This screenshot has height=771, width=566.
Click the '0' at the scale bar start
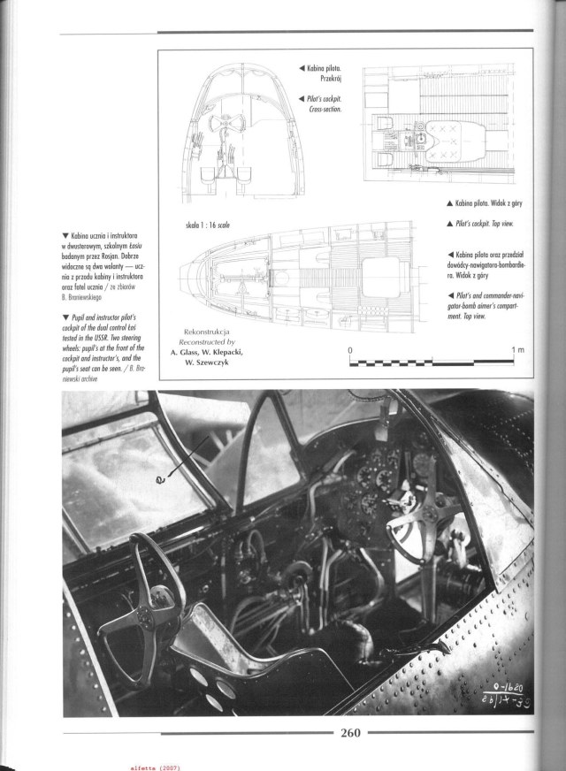coord(352,350)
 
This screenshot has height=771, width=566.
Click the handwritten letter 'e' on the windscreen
coord(160,480)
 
